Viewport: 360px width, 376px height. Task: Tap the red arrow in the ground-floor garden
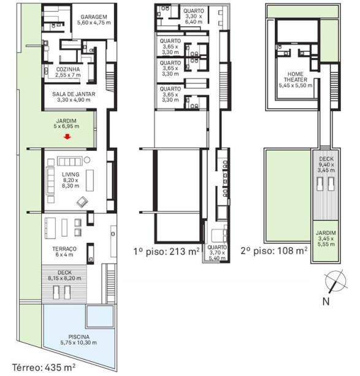pyautogui.click(x=67, y=137)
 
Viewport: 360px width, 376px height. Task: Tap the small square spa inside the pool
pyautogui.click(x=100, y=317)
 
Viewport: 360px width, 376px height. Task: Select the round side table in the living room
pyautogui.click(x=87, y=159)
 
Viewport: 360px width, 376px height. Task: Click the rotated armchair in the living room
pyautogui.click(x=82, y=202)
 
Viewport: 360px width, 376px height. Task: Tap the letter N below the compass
pyautogui.click(x=326, y=301)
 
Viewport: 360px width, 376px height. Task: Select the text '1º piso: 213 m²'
pyautogui.click(x=166, y=251)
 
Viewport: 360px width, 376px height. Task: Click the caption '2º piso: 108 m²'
pyautogui.click(x=274, y=251)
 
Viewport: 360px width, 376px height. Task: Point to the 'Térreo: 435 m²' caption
pyautogui.click(x=44, y=367)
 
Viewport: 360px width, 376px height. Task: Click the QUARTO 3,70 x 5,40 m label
pyautogui.click(x=217, y=253)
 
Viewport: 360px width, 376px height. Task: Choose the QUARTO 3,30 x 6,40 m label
pyautogui.click(x=194, y=17)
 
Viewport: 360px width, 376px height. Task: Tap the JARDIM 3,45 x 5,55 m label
pyautogui.click(x=326, y=239)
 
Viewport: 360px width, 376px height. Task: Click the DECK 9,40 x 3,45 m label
pyautogui.click(x=326, y=164)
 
